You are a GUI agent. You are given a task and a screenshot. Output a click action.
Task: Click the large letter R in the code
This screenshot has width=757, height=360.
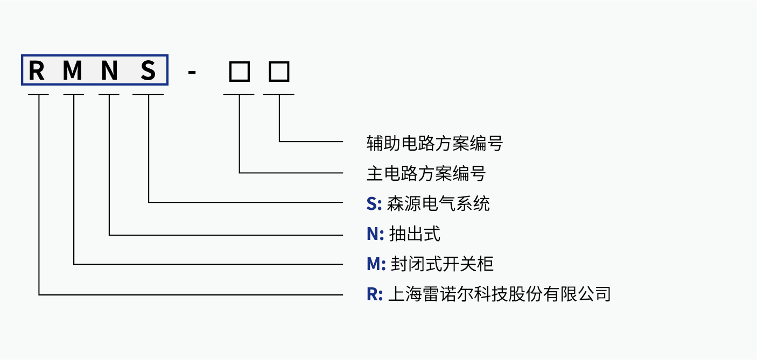pos(37,71)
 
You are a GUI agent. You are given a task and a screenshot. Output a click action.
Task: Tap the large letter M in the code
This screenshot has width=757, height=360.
pos(73,71)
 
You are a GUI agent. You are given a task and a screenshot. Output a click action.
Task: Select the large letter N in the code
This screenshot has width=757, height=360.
pos(109,71)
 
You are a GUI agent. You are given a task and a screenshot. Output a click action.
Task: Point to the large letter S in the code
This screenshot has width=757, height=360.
pos(148,71)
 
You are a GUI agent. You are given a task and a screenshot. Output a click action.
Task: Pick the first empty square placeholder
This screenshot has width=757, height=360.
pos(239,71)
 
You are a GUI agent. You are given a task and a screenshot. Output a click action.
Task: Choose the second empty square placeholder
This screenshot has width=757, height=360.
pos(279,71)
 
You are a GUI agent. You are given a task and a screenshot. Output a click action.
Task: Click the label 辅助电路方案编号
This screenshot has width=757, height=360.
pos(434,143)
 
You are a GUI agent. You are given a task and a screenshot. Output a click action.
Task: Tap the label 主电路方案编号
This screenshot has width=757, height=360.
pos(426,173)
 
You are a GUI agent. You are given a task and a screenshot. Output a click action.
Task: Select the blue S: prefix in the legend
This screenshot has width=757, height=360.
pos(374,204)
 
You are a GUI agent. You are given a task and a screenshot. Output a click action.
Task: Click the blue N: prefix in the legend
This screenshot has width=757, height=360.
pos(375,234)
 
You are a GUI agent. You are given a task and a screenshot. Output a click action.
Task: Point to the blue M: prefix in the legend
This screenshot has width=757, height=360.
pos(376,264)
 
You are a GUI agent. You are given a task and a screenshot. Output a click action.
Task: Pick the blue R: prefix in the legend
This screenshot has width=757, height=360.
pos(375,294)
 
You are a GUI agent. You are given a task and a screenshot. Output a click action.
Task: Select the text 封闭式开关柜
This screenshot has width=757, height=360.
pos(441,264)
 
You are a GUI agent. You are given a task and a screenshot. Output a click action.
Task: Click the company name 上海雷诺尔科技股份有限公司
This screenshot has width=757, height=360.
pos(499,294)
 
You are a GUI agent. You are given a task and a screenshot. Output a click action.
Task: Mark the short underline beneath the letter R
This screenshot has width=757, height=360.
pos(38,95)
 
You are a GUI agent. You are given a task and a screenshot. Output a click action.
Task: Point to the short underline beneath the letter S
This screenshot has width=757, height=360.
pos(148,95)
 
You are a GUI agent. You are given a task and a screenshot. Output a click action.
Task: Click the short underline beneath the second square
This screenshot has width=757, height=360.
pos(279,95)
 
